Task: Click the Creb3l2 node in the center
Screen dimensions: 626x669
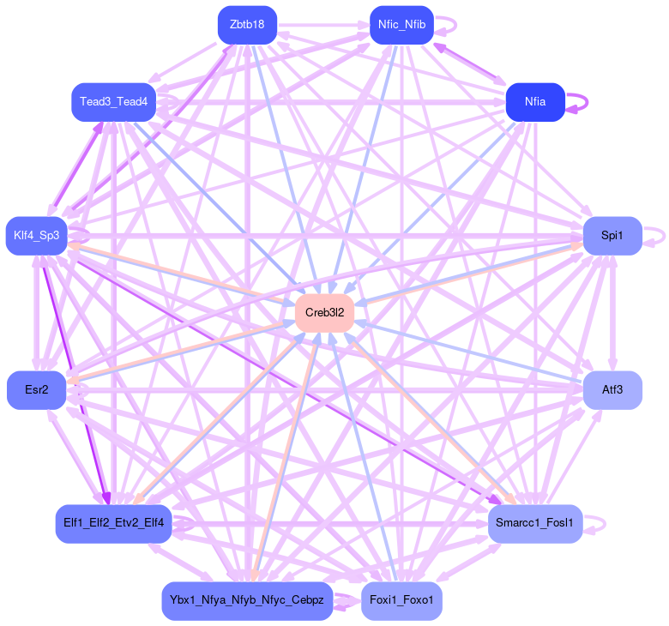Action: click(325, 313)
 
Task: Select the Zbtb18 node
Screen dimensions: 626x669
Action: click(247, 24)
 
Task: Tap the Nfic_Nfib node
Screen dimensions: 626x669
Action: click(402, 24)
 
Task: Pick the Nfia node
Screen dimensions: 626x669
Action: click(535, 102)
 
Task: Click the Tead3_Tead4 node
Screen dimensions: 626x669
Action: click(113, 102)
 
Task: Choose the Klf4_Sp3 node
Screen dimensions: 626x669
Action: click(36, 236)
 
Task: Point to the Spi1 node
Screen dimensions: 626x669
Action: click(612, 235)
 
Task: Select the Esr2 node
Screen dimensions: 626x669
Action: click(37, 390)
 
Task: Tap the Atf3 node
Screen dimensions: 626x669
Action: click(612, 390)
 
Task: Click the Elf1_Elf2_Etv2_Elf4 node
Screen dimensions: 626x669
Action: click(114, 523)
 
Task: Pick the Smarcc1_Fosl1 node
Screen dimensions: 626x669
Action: click(535, 523)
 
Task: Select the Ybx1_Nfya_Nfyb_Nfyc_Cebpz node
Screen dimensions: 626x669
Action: click(247, 600)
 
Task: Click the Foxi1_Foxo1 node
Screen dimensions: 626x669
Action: click(402, 600)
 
